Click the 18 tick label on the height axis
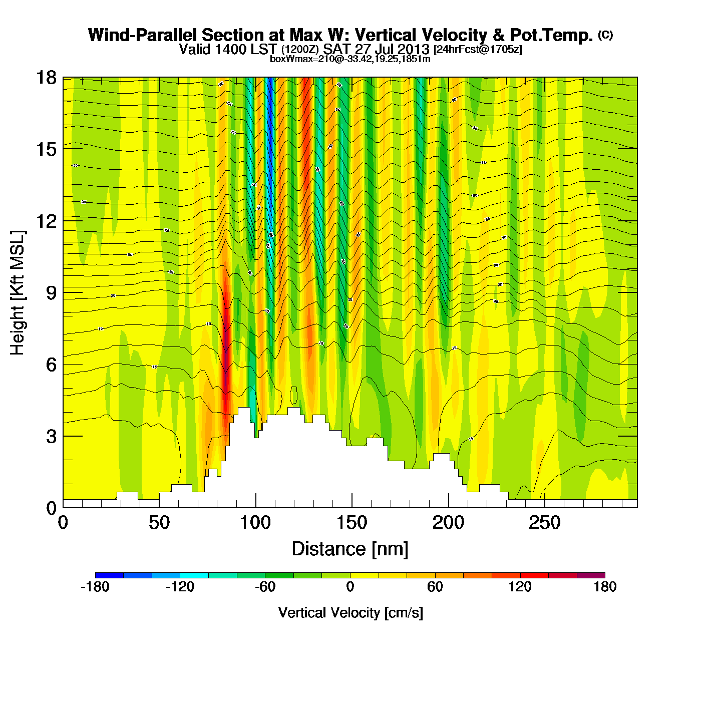click(x=46, y=78)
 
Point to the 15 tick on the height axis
click(x=46, y=149)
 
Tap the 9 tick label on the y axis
click(x=51, y=293)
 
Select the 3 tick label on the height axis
click(x=51, y=437)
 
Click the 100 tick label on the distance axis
click(x=255, y=523)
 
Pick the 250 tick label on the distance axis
click(x=545, y=523)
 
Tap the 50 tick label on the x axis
click(x=159, y=523)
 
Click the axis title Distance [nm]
click(x=350, y=549)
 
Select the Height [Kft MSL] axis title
click(x=18, y=293)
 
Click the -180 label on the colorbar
click(x=95, y=587)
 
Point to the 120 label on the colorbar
click(x=520, y=587)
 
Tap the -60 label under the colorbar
click(x=265, y=587)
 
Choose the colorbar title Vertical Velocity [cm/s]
click(x=350, y=612)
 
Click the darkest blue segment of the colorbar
click(x=109, y=575)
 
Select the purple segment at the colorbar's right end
click(x=591, y=575)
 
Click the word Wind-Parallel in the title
click(x=144, y=35)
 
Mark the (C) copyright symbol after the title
click(x=605, y=35)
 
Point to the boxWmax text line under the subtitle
click(x=350, y=59)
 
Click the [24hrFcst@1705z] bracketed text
click(x=478, y=50)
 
